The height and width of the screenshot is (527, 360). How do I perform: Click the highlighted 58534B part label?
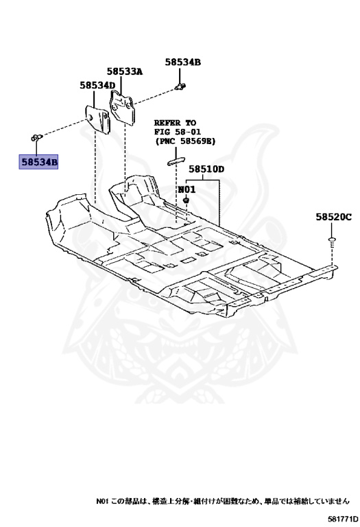[39, 162]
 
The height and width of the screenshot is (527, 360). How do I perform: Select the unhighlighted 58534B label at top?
[182, 62]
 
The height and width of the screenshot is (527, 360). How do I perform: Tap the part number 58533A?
[124, 71]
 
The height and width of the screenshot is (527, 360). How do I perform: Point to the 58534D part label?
[97, 86]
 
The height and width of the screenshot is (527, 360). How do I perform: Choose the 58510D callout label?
[207, 169]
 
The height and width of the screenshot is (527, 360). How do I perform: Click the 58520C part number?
[333, 217]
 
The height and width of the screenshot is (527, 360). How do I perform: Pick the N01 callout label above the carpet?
[187, 189]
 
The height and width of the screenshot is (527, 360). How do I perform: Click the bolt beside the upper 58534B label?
[182, 86]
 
